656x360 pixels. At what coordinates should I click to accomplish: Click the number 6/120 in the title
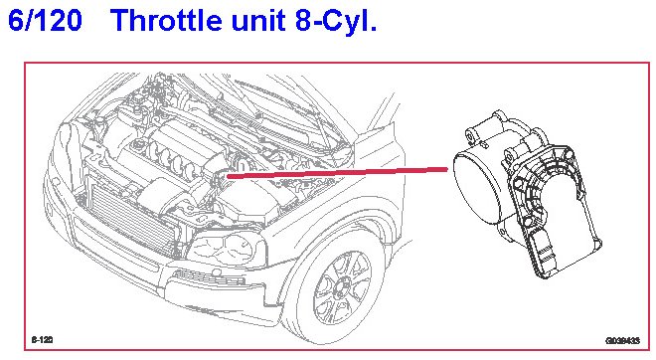point(45,20)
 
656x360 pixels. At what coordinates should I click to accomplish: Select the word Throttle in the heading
point(167,20)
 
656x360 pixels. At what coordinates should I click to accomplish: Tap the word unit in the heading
point(258,20)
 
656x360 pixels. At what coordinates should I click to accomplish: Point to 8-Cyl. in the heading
point(336,21)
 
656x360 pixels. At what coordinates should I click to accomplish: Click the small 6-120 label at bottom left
point(43,340)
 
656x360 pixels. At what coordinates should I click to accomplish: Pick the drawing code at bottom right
point(622,341)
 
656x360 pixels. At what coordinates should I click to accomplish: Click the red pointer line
point(337,173)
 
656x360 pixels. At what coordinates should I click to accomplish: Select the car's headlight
point(227,250)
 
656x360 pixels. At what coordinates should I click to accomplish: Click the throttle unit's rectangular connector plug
point(544,256)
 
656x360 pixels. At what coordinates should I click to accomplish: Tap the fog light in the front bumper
point(217,272)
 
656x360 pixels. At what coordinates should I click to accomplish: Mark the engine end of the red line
point(228,177)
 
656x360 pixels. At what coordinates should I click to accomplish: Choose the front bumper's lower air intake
point(209,277)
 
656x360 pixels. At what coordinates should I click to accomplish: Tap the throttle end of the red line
point(447,169)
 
